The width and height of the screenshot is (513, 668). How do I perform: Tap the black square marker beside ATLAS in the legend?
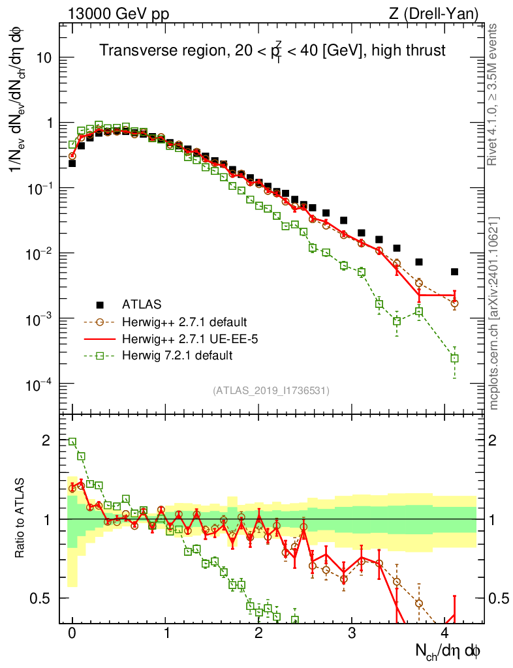point(100,304)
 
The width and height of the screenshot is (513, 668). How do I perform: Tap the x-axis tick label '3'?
point(352,634)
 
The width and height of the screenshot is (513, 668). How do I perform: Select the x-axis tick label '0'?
point(72,634)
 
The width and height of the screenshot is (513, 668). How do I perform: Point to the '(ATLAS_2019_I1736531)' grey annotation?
point(271,391)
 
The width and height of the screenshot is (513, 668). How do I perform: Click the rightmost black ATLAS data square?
point(455,271)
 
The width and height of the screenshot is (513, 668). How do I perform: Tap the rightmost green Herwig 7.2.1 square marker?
point(455,358)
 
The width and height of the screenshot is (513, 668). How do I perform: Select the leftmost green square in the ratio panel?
point(72,442)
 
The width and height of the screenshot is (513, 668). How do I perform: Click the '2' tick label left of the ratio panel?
point(46,440)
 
